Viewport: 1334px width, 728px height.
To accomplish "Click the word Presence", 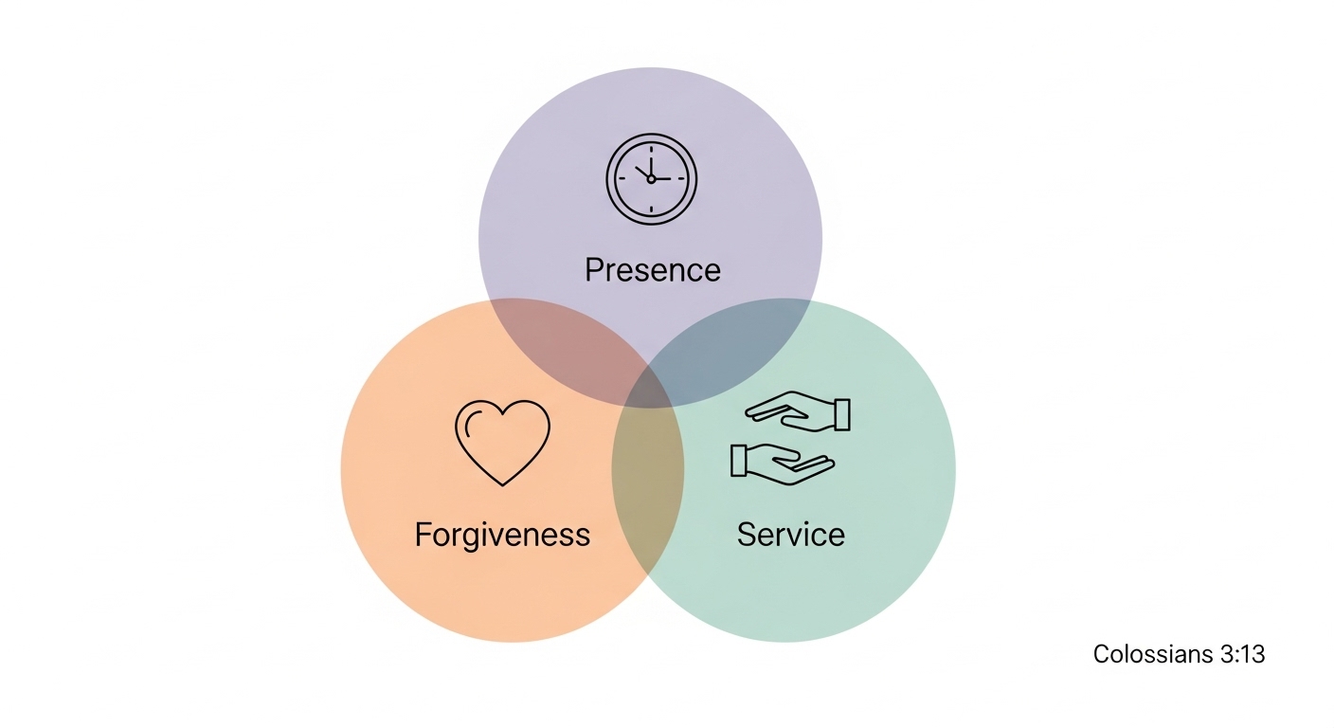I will point(652,270).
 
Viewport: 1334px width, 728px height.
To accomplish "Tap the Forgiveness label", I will point(502,535).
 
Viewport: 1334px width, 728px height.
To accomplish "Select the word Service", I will point(790,535).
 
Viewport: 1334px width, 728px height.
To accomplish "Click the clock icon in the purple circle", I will point(651,178).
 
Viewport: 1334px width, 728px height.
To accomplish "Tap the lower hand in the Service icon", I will point(783,464).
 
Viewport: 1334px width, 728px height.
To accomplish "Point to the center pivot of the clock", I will point(651,178).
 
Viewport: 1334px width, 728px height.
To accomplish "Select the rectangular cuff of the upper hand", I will point(841,414).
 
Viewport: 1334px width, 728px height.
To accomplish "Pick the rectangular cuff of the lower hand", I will point(739,460).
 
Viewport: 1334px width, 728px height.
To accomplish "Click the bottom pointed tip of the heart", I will point(502,484).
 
